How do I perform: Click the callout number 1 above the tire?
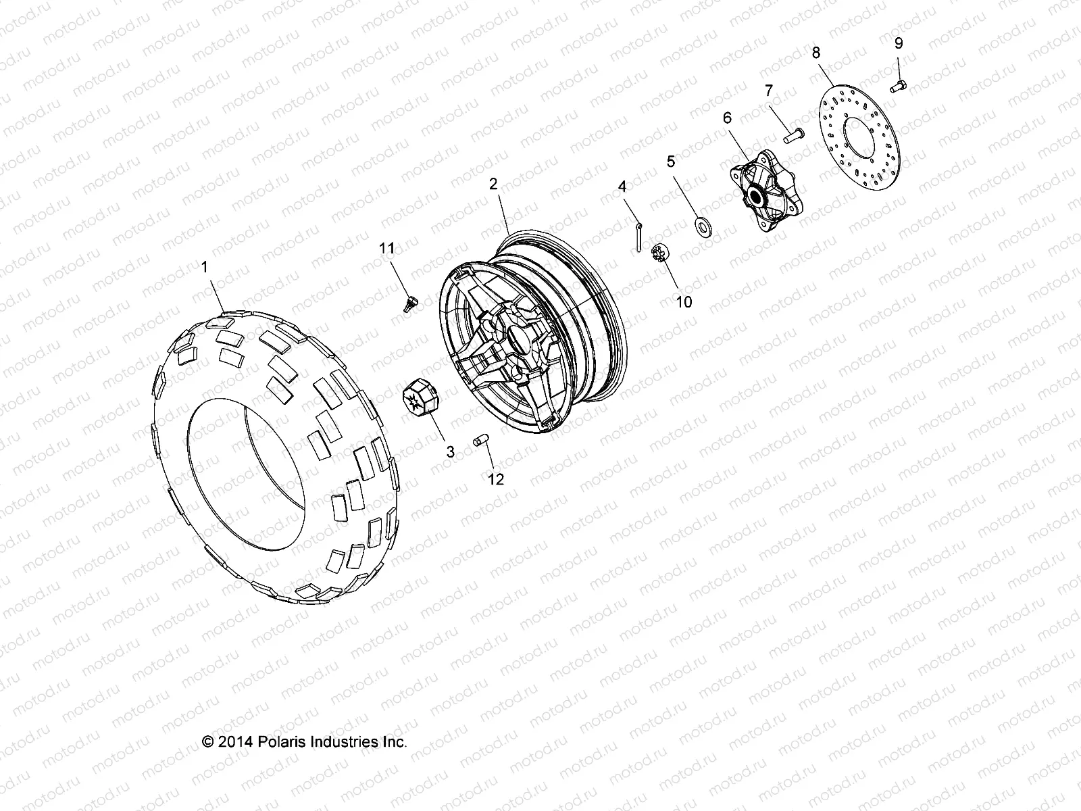tap(205, 268)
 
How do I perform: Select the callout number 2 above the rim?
tap(493, 183)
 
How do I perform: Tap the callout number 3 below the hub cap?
tap(450, 452)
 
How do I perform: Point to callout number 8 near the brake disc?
tap(816, 52)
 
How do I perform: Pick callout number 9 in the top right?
tap(898, 44)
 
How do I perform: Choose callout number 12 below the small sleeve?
tap(496, 479)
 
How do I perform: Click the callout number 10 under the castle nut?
tap(684, 301)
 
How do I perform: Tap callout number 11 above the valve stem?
tap(386, 249)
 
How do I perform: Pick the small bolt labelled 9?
tap(897, 85)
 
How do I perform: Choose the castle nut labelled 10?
tap(655, 256)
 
